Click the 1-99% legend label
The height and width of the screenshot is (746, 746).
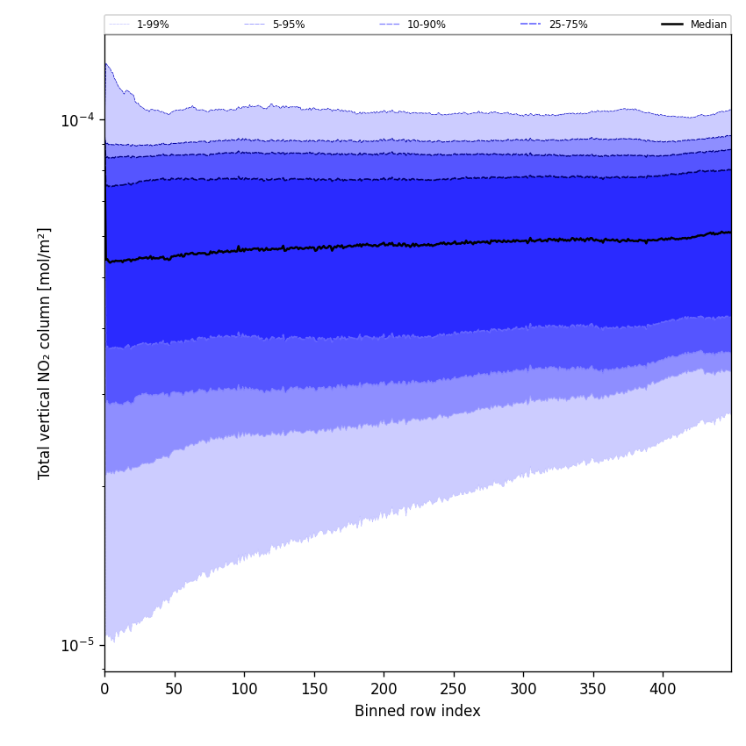tap(153, 25)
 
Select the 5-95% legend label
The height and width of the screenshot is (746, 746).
tap(289, 25)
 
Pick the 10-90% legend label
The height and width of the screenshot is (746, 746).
tap(426, 25)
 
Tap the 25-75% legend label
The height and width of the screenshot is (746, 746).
tap(568, 25)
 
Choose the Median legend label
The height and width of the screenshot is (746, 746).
tap(708, 25)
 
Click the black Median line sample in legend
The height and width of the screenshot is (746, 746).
tap(672, 25)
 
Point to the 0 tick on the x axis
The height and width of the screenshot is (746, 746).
tap(104, 689)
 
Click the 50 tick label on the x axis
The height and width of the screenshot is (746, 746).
tap(174, 689)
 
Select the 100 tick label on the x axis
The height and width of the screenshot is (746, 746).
tap(244, 689)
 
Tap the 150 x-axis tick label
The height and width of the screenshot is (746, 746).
tap(313, 689)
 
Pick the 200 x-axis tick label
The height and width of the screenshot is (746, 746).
tap(384, 689)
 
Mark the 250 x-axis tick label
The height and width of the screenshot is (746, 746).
tap(453, 689)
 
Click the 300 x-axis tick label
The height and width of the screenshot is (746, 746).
tap(523, 689)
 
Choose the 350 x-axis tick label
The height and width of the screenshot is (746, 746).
tap(592, 689)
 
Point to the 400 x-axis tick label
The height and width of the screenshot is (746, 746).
tap(663, 689)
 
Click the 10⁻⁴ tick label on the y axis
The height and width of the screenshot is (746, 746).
tap(77, 119)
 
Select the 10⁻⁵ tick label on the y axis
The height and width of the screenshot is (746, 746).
tap(77, 645)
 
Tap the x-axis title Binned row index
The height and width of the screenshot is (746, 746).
tap(417, 712)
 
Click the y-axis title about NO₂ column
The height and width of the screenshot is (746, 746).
tap(45, 353)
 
